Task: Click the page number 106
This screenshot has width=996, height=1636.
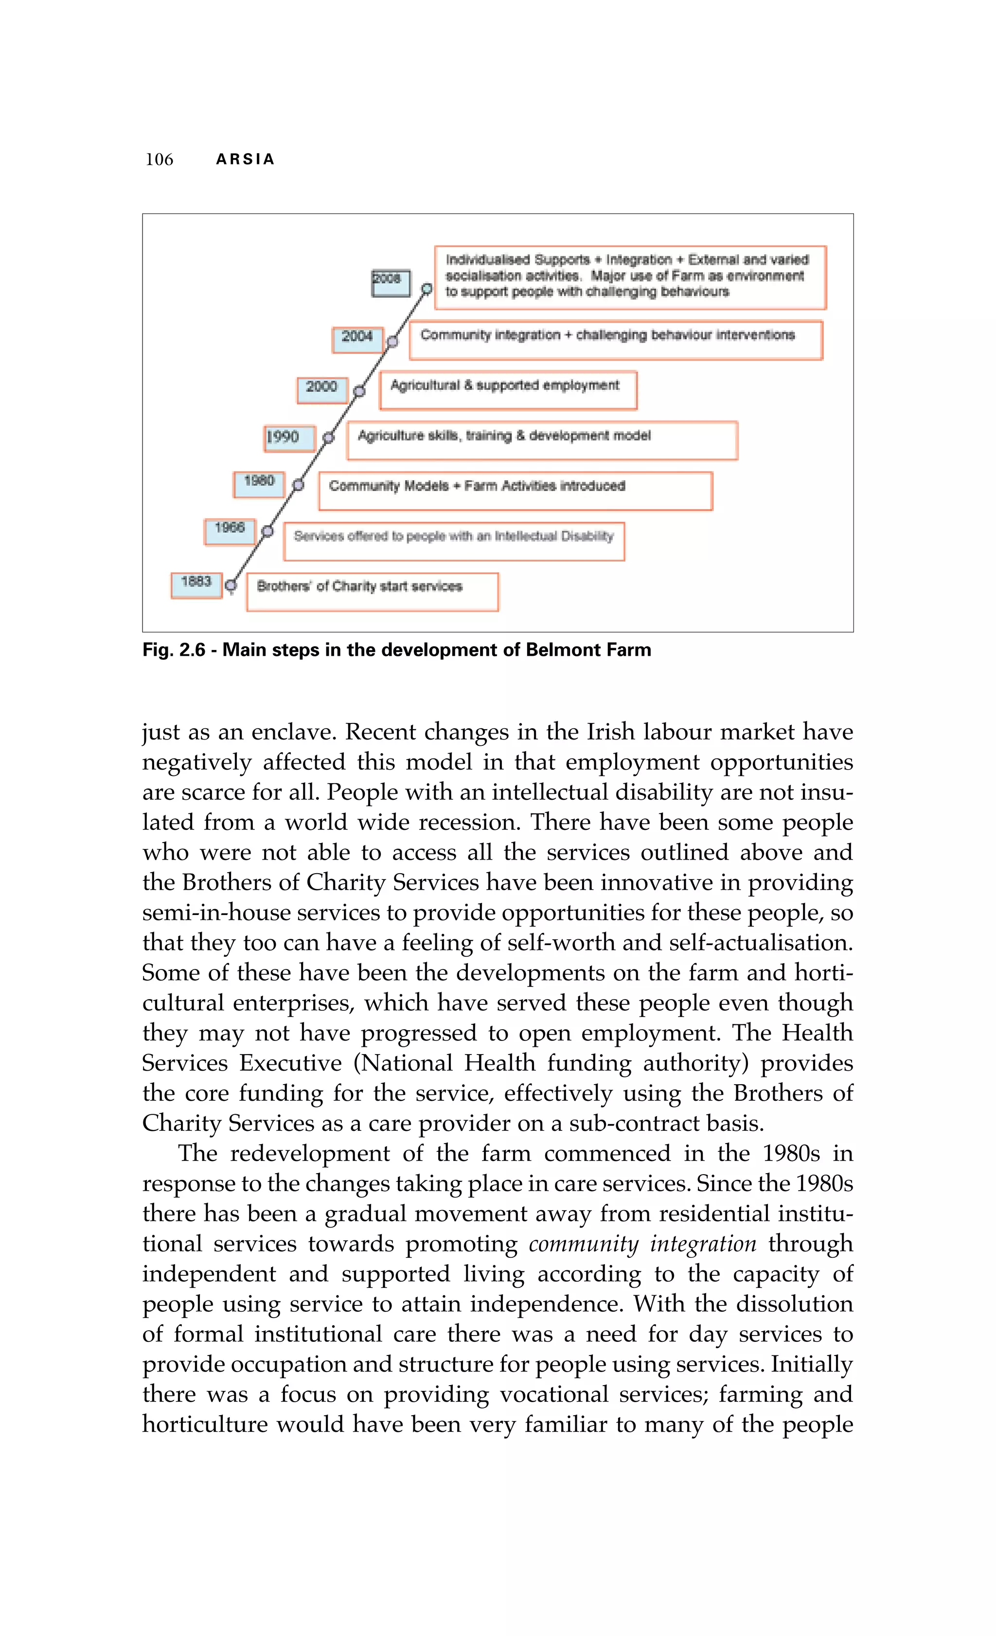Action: tap(160, 159)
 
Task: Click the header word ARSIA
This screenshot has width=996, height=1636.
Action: tap(245, 159)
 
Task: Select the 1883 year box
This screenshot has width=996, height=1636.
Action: tap(196, 585)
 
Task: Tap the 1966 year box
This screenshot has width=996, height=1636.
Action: tap(230, 531)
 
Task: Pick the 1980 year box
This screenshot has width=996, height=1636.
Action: tap(259, 484)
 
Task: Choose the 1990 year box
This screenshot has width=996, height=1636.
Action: tap(289, 438)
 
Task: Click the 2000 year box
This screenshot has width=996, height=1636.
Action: tap(322, 389)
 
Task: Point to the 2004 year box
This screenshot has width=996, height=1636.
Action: tap(358, 339)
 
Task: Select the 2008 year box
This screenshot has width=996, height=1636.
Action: tap(391, 283)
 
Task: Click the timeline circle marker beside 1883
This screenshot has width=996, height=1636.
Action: tap(231, 586)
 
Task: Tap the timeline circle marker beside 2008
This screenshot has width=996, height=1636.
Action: tap(427, 289)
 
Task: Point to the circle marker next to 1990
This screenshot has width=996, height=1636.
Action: tap(328, 438)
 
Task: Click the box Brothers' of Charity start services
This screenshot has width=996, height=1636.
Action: tap(372, 592)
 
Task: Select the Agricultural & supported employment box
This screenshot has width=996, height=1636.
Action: tap(508, 390)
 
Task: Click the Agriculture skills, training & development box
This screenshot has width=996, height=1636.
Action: tap(542, 440)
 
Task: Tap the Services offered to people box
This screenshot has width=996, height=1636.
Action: tap(454, 541)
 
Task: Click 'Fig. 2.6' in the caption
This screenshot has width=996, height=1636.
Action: tap(174, 650)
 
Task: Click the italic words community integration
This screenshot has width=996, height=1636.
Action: tap(642, 1244)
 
